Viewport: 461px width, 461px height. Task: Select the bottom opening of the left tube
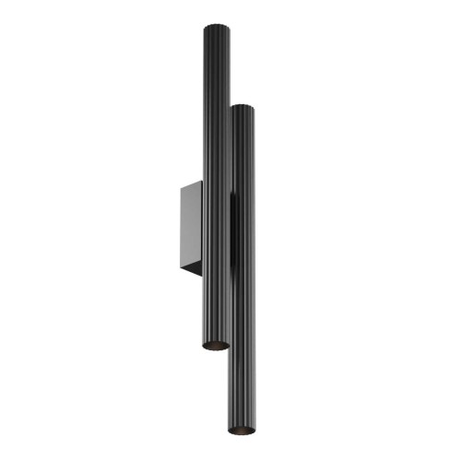click(214, 345)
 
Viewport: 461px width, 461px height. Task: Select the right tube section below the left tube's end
click(242, 387)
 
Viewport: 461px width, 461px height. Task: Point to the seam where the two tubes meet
click(229, 230)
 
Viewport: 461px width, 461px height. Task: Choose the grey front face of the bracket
click(193, 228)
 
